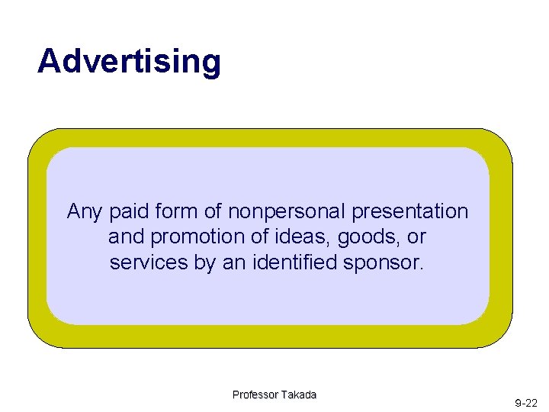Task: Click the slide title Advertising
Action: pyautogui.click(x=129, y=61)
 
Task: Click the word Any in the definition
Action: pyautogui.click(x=83, y=211)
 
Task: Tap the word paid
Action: pyautogui.click(x=125, y=211)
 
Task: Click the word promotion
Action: pyautogui.click(x=185, y=237)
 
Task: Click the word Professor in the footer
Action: pyautogui.click(x=255, y=394)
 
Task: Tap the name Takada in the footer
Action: pyautogui.click(x=298, y=394)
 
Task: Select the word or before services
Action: pyautogui.click(x=416, y=237)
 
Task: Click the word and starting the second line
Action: pyautogui.click(x=124, y=237)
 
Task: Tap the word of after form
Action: pyautogui.click(x=210, y=211)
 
